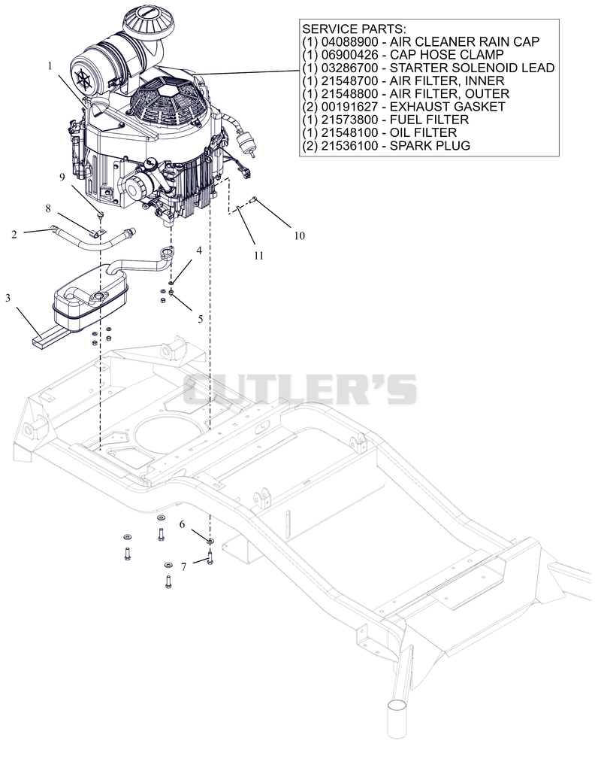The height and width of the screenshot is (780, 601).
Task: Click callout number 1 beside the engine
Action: tap(50, 65)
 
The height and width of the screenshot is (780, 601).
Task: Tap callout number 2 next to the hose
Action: tap(14, 234)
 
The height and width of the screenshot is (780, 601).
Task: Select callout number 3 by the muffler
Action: tap(8, 298)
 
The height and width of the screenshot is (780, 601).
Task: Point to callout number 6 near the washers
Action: tap(182, 524)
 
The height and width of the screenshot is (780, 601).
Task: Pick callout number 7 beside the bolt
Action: tap(184, 567)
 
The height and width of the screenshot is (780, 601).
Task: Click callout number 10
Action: tap(299, 235)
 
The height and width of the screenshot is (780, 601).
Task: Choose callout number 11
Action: tap(258, 256)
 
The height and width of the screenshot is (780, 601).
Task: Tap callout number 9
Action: tap(62, 177)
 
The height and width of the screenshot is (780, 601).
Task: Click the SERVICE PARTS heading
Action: tap(354, 29)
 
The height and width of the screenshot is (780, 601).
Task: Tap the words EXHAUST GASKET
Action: tap(448, 107)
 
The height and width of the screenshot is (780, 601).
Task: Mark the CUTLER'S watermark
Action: tap(300, 389)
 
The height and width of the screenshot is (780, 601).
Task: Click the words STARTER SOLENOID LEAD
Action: tap(473, 68)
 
